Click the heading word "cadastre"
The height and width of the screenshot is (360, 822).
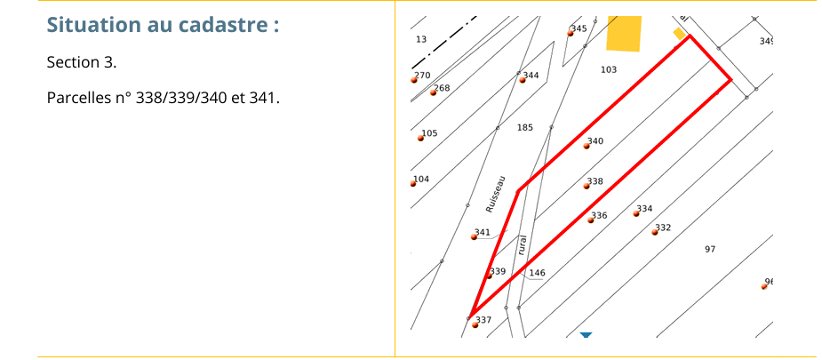(x=234, y=25)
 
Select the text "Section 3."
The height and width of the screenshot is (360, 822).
(x=82, y=62)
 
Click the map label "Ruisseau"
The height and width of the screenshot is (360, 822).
(x=495, y=194)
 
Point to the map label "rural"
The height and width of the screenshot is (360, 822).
(x=522, y=244)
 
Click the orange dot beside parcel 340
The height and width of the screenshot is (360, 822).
(x=587, y=146)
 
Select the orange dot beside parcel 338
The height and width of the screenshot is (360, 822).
(x=587, y=186)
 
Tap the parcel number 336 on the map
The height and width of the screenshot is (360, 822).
(x=600, y=215)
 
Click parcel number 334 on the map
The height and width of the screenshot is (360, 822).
(x=645, y=209)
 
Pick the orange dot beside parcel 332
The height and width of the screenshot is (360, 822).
(x=655, y=232)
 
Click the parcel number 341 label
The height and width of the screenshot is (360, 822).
(x=483, y=232)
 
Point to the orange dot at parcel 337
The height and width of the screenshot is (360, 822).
(x=475, y=325)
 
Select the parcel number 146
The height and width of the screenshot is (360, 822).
(x=538, y=273)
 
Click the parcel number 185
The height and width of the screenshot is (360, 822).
(x=525, y=127)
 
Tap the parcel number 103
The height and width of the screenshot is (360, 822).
(x=609, y=69)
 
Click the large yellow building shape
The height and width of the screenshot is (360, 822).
(x=624, y=34)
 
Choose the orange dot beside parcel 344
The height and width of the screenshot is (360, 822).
(x=523, y=80)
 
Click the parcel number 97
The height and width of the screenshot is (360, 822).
(x=710, y=250)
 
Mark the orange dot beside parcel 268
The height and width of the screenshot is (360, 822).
(x=433, y=92)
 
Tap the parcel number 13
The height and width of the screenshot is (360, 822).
(x=421, y=39)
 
